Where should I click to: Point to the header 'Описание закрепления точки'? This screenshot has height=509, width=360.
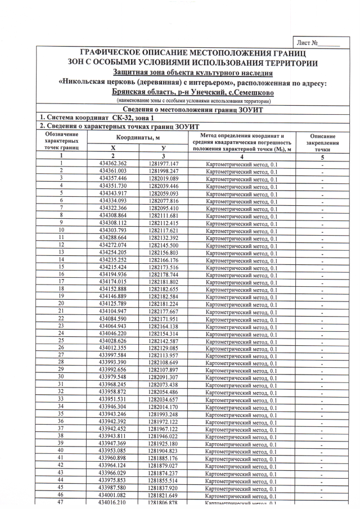322,143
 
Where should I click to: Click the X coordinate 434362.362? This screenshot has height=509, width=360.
112,163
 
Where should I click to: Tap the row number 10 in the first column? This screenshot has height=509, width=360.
60,229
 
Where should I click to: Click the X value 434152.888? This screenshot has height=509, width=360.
112,289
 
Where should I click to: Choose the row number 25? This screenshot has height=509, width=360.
60,340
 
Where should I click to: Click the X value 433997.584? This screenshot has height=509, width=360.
112,355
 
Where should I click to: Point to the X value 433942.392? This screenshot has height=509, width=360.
112,421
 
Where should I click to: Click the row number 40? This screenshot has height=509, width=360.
60,451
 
